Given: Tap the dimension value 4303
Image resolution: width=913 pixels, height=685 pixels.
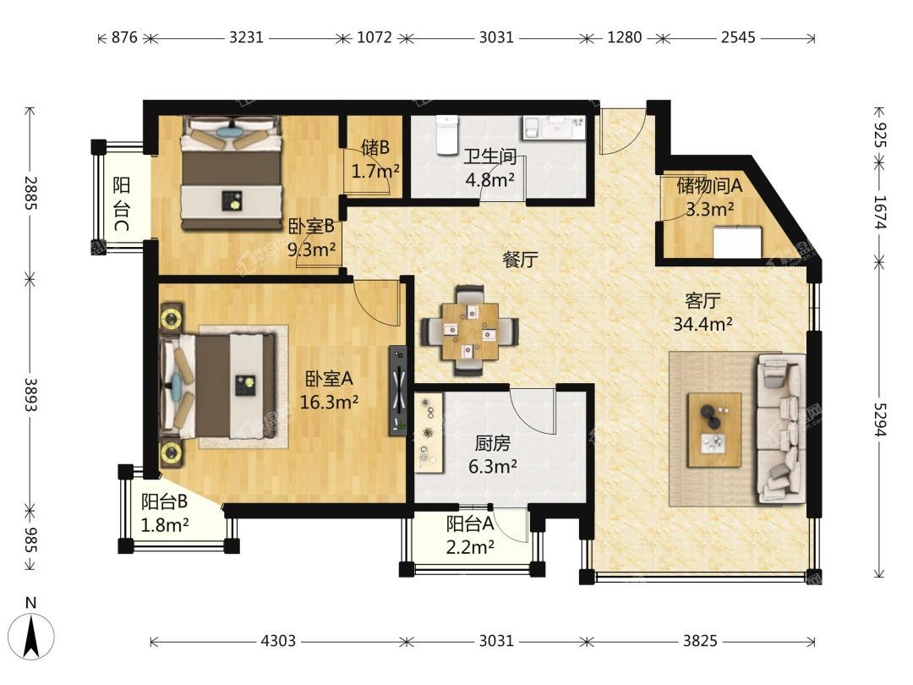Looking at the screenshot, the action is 278,641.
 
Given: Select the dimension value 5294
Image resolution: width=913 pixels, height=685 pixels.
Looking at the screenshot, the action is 879,419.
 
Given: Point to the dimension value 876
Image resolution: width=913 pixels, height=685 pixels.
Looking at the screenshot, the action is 124,38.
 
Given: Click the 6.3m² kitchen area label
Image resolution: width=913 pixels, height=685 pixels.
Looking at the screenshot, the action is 493,466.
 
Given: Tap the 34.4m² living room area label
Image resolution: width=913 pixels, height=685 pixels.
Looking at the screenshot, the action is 703,323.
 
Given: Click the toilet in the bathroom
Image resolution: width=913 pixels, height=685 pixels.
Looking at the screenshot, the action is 447,135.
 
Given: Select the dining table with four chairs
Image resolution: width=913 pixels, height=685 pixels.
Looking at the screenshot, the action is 470,331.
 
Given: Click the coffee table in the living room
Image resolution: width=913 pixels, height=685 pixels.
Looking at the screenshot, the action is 714,430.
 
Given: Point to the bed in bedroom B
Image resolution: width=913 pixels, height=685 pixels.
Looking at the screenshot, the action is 231,173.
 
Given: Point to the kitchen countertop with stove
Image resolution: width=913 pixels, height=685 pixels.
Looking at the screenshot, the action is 429,432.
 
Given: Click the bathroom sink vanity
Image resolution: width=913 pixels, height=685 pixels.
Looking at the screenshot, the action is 553,128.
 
